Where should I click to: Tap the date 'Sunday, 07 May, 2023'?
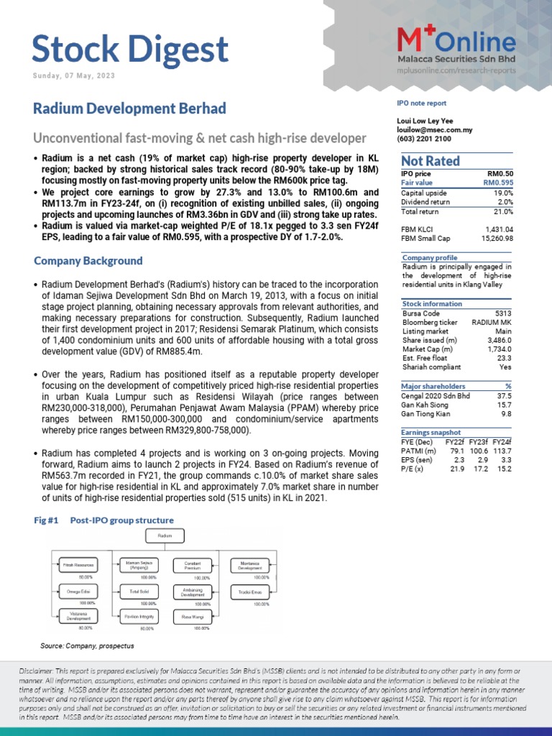74,76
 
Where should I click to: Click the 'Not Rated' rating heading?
431,161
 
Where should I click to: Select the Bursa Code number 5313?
504,313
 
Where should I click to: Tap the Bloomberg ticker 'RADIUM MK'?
492,322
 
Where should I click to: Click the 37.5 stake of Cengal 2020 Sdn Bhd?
505,395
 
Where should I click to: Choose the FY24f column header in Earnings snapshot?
500,441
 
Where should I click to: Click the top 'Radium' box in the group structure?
165,535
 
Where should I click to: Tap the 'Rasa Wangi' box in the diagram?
192,616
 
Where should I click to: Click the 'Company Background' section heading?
88,261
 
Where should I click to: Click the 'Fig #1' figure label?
45,520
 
